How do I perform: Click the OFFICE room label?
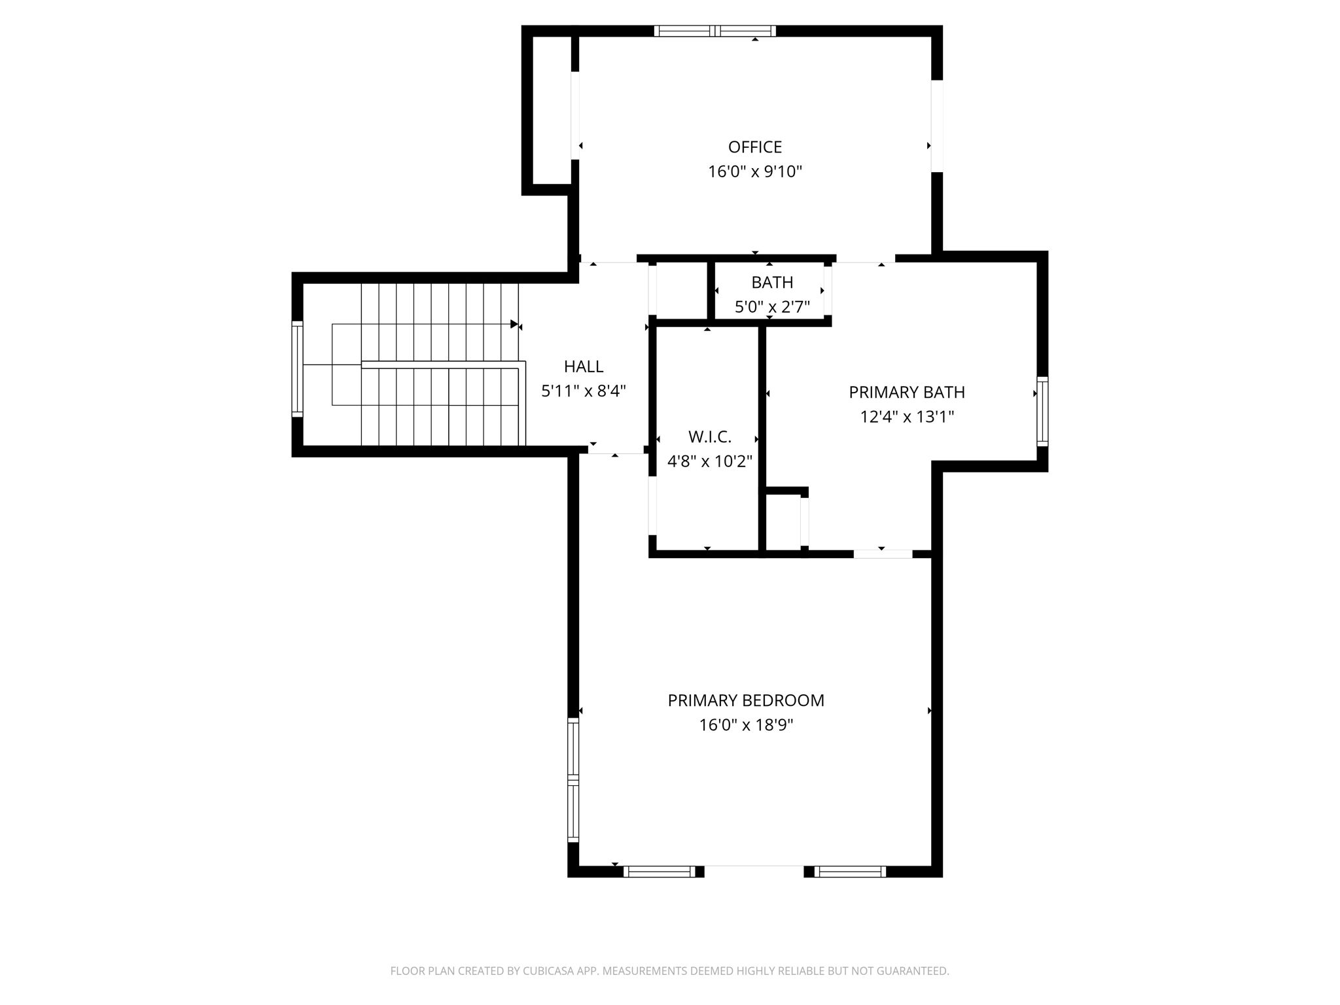(x=754, y=147)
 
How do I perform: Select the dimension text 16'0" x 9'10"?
(x=754, y=171)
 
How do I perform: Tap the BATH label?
(x=772, y=282)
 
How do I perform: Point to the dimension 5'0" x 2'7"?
(x=772, y=307)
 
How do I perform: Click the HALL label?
(x=583, y=366)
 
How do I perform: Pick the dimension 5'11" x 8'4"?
(x=583, y=391)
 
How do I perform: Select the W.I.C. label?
(x=709, y=436)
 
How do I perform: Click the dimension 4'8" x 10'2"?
(x=709, y=461)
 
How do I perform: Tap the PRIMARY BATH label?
(x=906, y=392)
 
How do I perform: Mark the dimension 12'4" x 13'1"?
(x=906, y=417)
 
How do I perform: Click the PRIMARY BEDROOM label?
(x=745, y=700)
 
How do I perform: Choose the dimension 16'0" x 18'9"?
(x=745, y=725)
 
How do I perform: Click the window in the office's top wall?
(x=714, y=31)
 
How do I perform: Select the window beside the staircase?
(x=297, y=369)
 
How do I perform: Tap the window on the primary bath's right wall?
(x=1042, y=412)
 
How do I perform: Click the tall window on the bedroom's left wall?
(x=573, y=779)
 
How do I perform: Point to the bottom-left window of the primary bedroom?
(x=659, y=872)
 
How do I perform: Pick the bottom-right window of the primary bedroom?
(x=849, y=872)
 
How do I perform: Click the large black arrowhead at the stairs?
(x=514, y=324)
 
